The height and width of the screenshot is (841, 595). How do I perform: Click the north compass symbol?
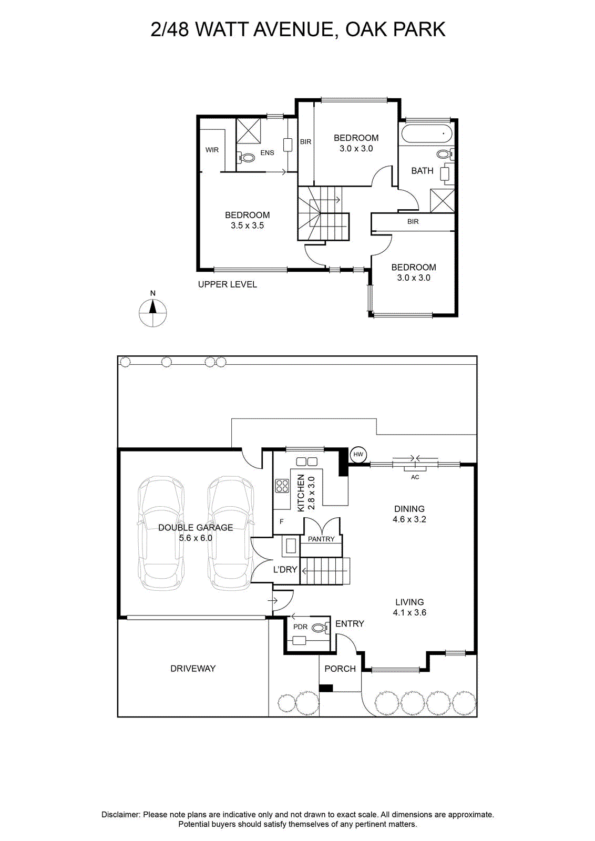pyautogui.click(x=153, y=312)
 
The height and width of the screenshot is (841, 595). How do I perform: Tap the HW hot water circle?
pyautogui.click(x=358, y=455)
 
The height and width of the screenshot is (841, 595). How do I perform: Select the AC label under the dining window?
pyautogui.click(x=415, y=477)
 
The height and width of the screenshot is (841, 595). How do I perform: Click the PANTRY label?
pyautogui.click(x=321, y=539)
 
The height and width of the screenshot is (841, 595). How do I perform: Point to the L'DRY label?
pyautogui.click(x=285, y=570)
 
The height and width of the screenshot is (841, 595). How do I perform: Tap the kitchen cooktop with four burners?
pyautogui.click(x=282, y=486)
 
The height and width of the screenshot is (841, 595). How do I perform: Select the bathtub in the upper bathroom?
pyautogui.click(x=426, y=133)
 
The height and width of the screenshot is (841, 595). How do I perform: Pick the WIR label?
pyautogui.click(x=212, y=150)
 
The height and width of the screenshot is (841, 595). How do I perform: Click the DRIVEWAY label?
pyautogui.click(x=193, y=669)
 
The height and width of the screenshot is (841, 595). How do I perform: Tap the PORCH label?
pyautogui.click(x=340, y=669)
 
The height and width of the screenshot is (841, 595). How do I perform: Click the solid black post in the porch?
pyautogui.click(x=326, y=688)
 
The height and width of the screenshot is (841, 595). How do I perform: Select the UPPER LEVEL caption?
pyautogui.click(x=228, y=284)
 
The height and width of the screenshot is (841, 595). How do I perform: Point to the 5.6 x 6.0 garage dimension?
pyautogui.click(x=196, y=538)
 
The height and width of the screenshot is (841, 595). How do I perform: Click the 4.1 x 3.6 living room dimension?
pyautogui.click(x=409, y=613)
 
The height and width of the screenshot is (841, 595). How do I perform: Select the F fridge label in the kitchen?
pyautogui.click(x=282, y=522)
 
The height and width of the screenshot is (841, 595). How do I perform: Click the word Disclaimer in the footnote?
pyautogui.click(x=120, y=815)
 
